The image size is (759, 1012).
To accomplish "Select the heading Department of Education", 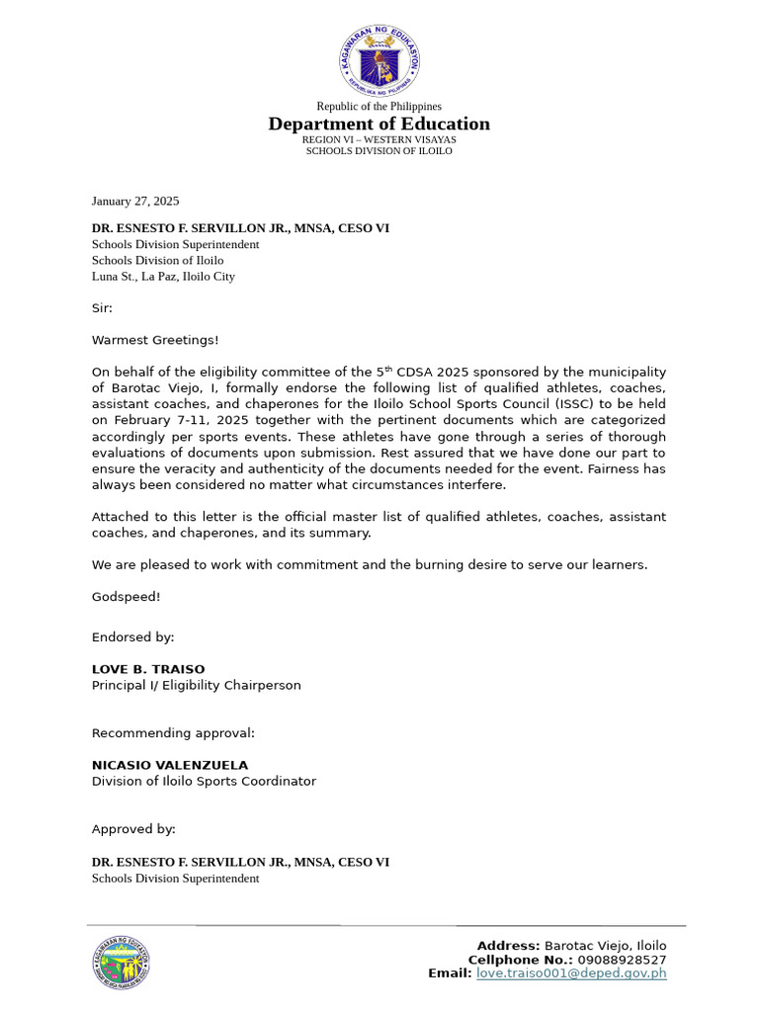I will coord(379,124).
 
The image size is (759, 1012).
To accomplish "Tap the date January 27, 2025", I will coord(135,201).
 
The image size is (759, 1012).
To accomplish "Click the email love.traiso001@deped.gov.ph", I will coord(571,973).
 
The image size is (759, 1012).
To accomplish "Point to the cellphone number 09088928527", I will coord(623,960).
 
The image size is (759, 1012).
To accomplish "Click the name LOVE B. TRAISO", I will coord(148,669).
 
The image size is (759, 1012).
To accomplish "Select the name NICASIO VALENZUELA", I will coord(170,765).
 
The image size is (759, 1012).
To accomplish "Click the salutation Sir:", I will coord(103,308).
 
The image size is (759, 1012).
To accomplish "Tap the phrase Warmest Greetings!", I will coord(155,340).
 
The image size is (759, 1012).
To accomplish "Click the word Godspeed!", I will coord(126,597).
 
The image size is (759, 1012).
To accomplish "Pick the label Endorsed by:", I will coord(132,637).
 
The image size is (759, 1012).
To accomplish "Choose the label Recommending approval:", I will coord(173,733).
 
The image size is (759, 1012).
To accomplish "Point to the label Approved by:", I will coord(133,829).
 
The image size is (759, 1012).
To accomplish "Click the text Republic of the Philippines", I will coord(379,106).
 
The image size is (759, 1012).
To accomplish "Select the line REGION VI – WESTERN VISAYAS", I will coord(379,139).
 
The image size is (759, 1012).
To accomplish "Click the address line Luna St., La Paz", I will coord(163,277).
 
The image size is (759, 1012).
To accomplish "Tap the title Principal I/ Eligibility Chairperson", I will coord(196,685).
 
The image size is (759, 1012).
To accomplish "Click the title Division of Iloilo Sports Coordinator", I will coord(204,781).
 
